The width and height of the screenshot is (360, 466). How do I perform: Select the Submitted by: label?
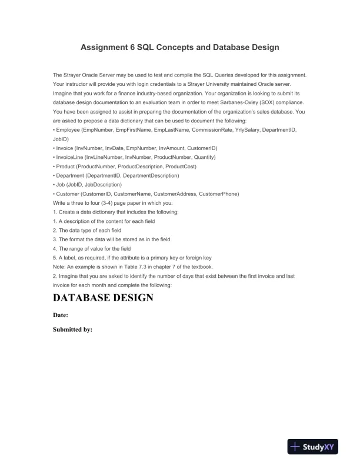73,329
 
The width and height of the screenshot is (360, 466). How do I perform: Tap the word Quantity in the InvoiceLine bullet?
203,157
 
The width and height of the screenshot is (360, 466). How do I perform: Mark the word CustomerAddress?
174,194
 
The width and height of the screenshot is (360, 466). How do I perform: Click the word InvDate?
118,148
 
